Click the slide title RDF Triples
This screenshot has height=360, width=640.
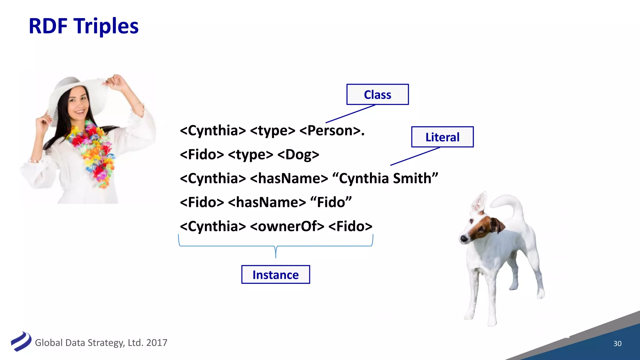click(x=83, y=26)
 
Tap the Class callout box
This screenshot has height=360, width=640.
click(x=377, y=94)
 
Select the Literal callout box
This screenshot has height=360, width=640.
click(x=442, y=137)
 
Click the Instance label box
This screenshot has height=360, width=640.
click(x=276, y=275)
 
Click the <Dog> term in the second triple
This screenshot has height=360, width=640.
click(x=298, y=155)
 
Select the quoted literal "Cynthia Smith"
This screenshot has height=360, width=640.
click(x=385, y=178)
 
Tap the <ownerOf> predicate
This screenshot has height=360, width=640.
click(x=287, y=226)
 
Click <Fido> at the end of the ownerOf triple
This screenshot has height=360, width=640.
click(x=350, y=226)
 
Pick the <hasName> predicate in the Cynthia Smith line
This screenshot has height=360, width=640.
click(x=289, y=178)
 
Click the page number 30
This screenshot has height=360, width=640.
click(x=617, y=343)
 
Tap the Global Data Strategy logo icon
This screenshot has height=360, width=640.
click(x=21, y=342)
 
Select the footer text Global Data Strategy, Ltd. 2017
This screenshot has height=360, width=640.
click(x=101, y=343)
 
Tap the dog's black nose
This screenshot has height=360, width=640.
click(x=463, y=239)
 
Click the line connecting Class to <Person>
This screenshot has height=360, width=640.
click(x=350, y=114)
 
